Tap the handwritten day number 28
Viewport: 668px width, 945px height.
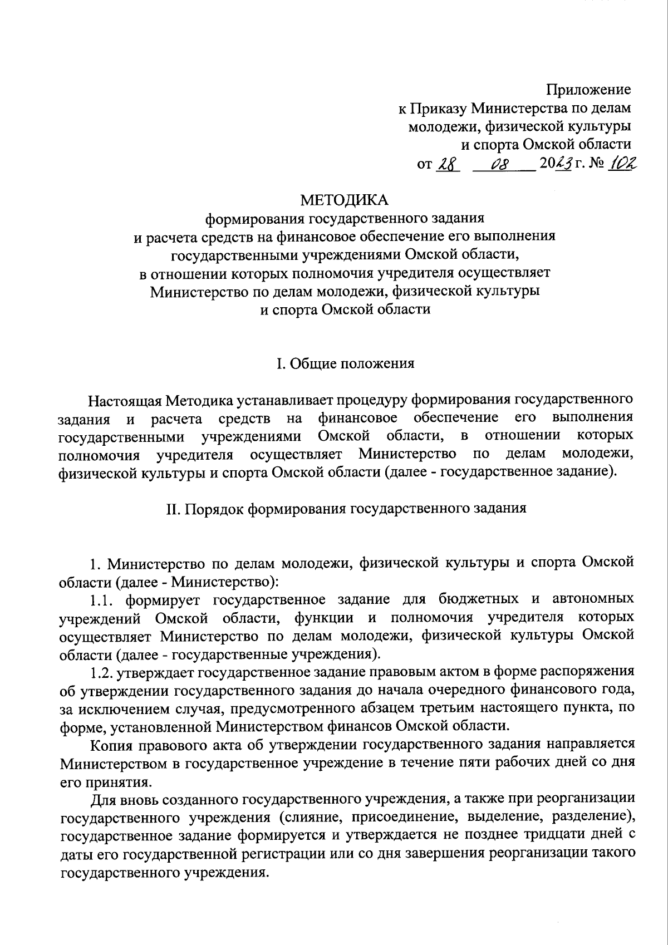(x=446, y=165)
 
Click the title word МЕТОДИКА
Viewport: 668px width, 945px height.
(x=345, y=199)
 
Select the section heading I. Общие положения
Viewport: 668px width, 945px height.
(x=345, y=364)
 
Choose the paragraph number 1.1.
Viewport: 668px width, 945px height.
(x=104, y=599)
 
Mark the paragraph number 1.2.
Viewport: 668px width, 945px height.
(x=104, y=673)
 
